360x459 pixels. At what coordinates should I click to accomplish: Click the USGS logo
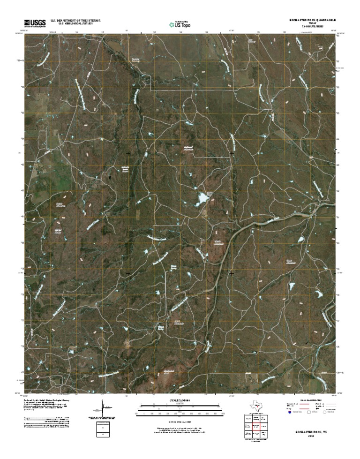[33, 23]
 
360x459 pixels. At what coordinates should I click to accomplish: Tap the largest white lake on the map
[202, 199]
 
